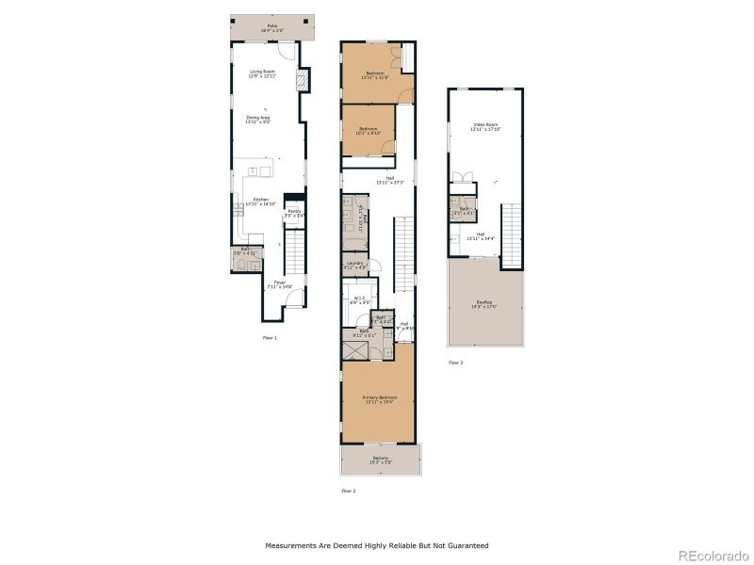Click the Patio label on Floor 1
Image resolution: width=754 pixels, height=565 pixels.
point(271,28)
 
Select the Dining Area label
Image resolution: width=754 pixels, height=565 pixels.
point(258,119)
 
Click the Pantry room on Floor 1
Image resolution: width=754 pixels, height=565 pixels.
point(294,214)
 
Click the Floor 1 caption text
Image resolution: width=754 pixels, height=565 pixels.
point(270,336)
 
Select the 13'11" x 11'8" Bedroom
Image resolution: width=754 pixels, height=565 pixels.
point(374,74)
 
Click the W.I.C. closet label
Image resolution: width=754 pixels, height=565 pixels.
point(360,301)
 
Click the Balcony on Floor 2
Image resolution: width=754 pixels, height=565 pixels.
point(380,460)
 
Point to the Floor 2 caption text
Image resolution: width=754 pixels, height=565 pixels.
point(348,491)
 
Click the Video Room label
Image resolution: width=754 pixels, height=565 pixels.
point(485,126)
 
